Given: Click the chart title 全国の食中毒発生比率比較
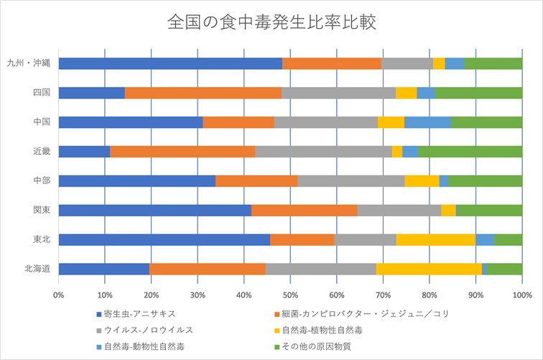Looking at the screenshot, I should coord(271,22).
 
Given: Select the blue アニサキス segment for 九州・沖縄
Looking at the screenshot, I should coord(170,63).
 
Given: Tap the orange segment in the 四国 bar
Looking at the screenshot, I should coord(203,93).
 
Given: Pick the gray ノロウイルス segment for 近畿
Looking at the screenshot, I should coord(323,152).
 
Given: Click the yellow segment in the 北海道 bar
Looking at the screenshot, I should coord(429,269).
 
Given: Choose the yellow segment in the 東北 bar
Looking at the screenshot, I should coord(436,239).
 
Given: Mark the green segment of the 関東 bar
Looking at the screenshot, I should coord(489,210).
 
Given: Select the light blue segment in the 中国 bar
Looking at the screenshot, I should coord(427,122).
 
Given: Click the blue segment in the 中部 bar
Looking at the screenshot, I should coord(136,180).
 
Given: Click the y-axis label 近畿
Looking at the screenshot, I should coord(41,152).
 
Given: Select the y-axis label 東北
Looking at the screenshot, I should coord(41,239).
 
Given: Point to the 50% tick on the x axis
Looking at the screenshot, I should coord(290,295).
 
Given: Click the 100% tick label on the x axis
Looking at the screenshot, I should coord(521,295).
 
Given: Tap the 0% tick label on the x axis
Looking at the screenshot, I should coord(59,295).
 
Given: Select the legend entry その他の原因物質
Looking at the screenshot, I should coord(317,346).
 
